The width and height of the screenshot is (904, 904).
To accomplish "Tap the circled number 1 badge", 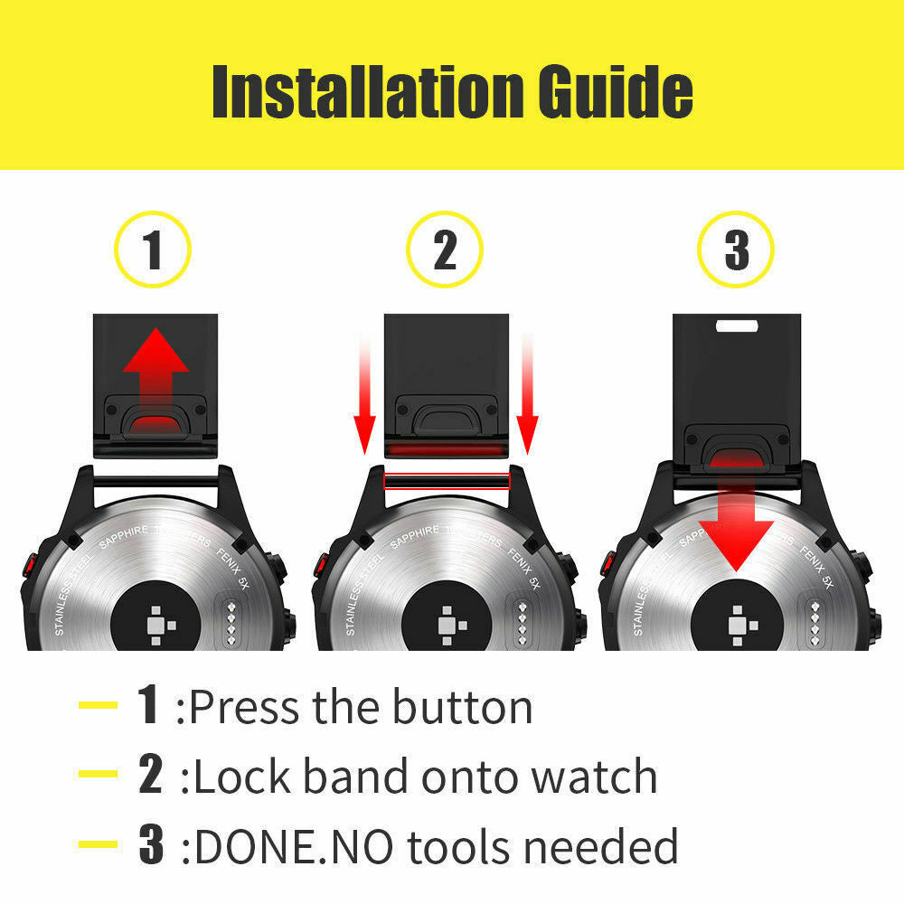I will (x=153, y=249).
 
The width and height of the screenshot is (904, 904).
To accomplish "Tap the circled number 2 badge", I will (x=445, y=249).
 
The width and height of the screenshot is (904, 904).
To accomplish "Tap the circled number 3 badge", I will (x=736, y=249).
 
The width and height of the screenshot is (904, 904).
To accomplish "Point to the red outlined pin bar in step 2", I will (x=447, y=480).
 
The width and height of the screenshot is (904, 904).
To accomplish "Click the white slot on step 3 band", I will (x=737, y=324).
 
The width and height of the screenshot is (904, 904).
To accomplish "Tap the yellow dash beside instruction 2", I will (x=99, y=776).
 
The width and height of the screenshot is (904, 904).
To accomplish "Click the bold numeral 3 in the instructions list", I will (x=151, y=844).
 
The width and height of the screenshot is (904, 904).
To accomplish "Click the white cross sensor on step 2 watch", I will (x=446, y=624).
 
